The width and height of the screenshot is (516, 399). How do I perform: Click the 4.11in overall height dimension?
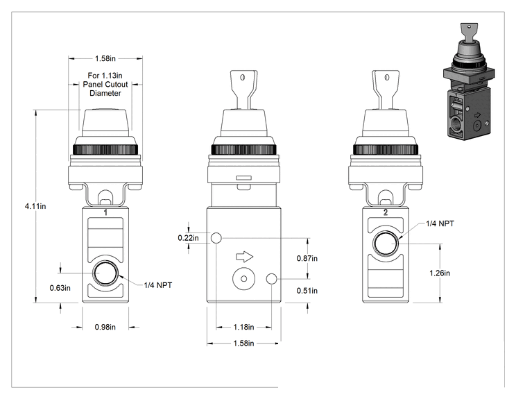click(x=35, y=206)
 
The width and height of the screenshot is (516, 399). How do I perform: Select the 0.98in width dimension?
click(x=105, y=327)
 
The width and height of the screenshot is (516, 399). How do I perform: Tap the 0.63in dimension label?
click(x=60, y=288)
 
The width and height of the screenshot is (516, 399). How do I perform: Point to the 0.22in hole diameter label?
click(x=188, y=238)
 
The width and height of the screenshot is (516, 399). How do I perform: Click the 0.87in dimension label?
click(x=307, y=258)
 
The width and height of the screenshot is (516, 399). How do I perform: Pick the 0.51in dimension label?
click(x=307, y=291)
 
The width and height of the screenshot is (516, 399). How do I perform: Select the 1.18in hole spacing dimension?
click(x=244, y=327)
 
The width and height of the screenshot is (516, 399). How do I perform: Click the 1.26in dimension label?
click(x=440, y=273)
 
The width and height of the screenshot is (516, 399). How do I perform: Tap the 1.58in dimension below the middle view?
click(x=244, y=343)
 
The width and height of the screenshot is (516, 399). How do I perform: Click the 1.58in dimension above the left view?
click(x=105, y=58)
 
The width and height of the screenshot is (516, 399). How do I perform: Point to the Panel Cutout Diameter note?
click(x=105, y=84)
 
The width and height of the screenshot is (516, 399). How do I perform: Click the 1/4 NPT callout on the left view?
click(x=158, y=285)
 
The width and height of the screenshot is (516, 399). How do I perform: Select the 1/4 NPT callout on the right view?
click(x=440, y=223)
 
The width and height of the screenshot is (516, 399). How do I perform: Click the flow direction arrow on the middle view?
click(x=245, y=257)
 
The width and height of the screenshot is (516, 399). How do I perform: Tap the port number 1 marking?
click(x=105, y=212)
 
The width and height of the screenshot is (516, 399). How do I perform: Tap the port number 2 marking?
click(x=386, y=212)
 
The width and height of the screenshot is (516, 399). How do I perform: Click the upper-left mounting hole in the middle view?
click(x=216, y=238)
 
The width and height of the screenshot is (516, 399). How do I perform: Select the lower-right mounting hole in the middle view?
click(x=271, y=279)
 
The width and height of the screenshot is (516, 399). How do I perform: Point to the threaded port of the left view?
click(x=105, y=273)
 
